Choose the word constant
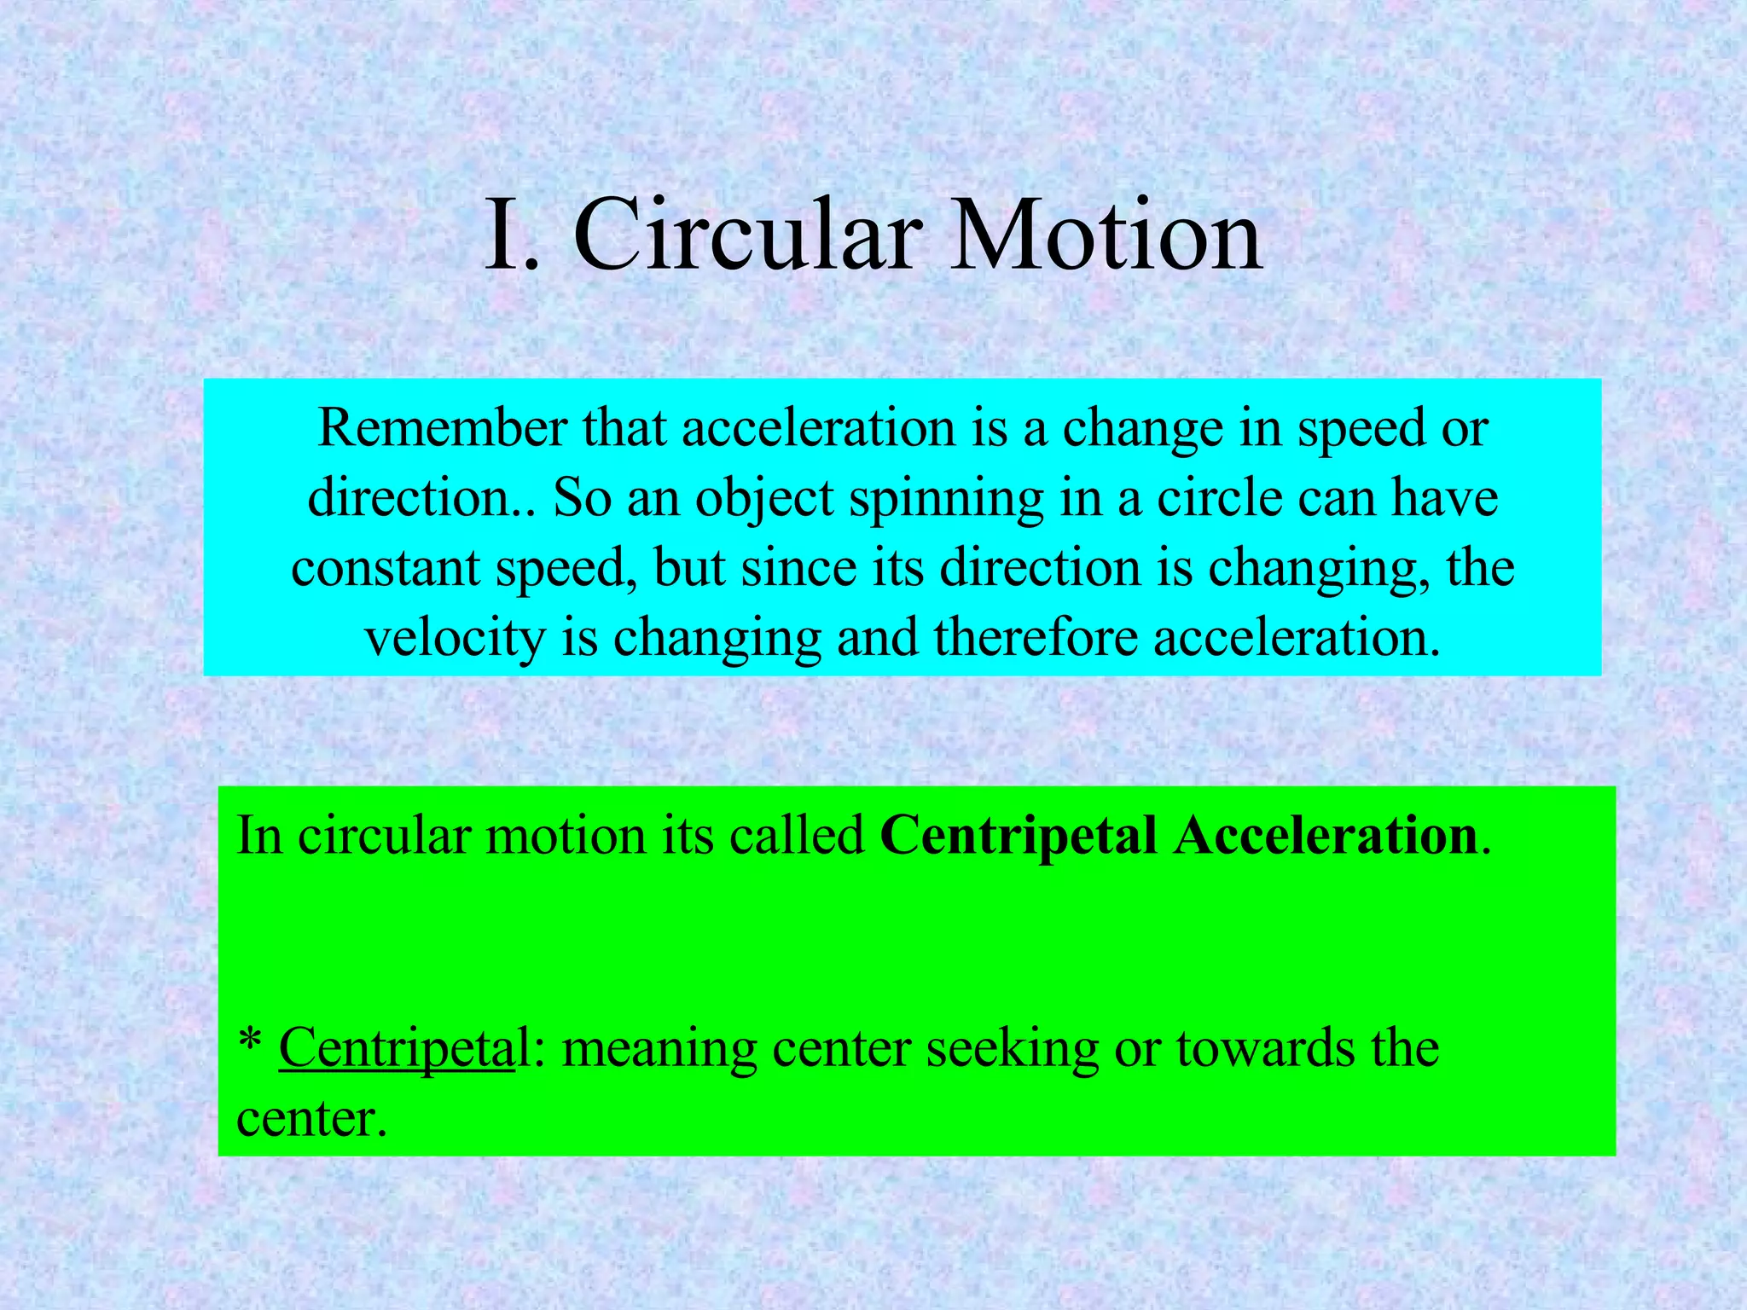pyautogui.click(x=386, y=568)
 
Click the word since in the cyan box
pyautogui.click(x=798, y=568)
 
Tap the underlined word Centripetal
pyautogui.click(x=397, y=1049)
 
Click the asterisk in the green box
pyautogui.click(x=249, y=1042)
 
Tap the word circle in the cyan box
pyautogui.click(x=1219, y=498)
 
